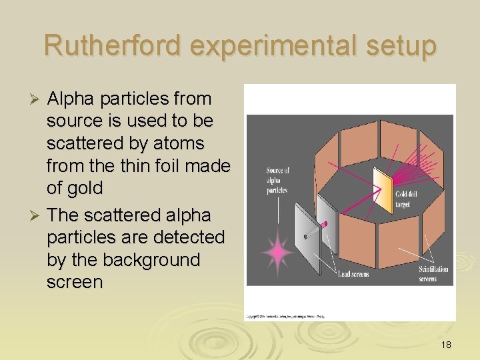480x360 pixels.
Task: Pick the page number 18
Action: pyautogui.click(x=446, y=345)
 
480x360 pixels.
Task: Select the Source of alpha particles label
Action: pyautogui.click(x=277, y=180)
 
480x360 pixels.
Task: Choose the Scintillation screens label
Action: pyautogui.click(x=433, y=274)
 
